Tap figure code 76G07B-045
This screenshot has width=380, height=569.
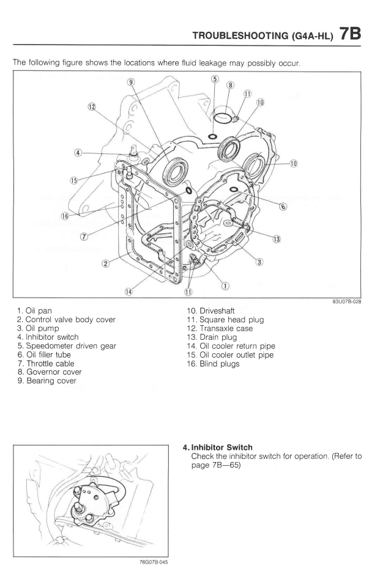(x=148, y=559)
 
